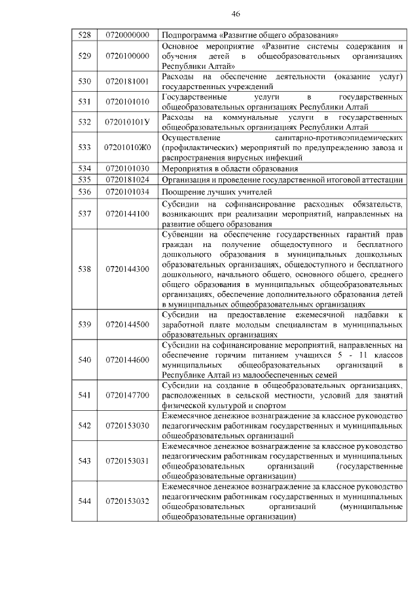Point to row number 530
click(x=83, y=82)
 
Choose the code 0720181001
click(x=128, y=82)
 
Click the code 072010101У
click(x=128, y=122)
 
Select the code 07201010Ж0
click(x=128, y=148)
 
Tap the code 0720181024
click(x=128, y=180)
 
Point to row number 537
click(x=83, y=214)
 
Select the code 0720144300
click(x=128, y=269)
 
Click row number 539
click(x=83, y=324)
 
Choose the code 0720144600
click(x=128, y=360)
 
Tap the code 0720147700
click(x=128, y=395)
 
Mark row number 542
click(x=83, y=426)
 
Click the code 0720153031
click(x=128, y=461)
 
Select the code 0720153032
click(x=128, y=502)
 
